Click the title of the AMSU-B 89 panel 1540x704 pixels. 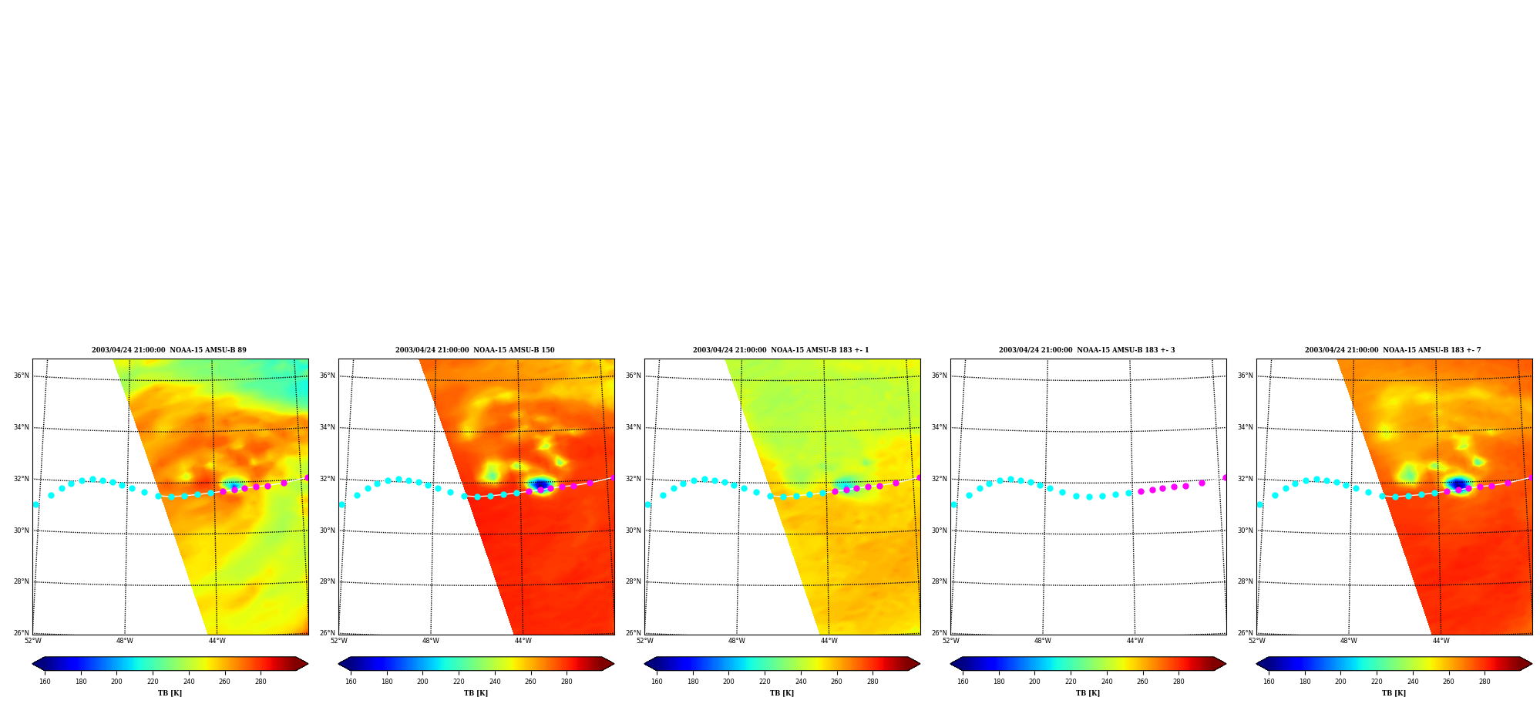pos(169,350)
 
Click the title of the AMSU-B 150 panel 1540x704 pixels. pos(475,350)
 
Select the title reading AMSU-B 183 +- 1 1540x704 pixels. pos(781,350)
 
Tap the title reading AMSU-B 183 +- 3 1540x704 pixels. pos(1087,350)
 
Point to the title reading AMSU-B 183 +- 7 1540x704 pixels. pos(1393,350)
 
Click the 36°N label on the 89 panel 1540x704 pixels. pos(22,376)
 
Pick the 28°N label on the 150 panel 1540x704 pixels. pos(328,581)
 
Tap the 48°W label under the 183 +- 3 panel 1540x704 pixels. pos(1042,641)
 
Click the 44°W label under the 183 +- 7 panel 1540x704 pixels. pos(1441,641)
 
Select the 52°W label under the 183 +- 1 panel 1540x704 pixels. pos(644,641)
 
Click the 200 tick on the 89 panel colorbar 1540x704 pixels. pos(116,682)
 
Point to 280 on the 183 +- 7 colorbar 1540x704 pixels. pos(1485,682)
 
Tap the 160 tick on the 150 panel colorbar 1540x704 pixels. pos(351,682)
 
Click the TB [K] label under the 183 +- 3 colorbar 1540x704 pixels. pos(1088,693)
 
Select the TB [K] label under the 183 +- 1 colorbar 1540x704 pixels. pos(782,693)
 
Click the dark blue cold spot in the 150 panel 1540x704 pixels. pos(540,484)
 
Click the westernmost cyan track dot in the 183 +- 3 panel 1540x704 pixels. pos(954,504)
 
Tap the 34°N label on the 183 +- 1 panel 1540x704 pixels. pos(634,427)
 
